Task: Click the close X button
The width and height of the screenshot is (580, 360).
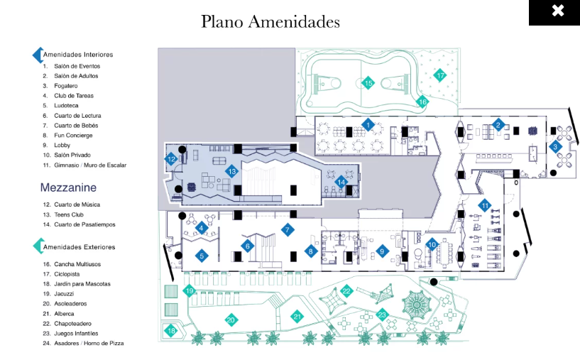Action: coord(557,11)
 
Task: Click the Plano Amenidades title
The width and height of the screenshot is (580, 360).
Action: coord(270,21)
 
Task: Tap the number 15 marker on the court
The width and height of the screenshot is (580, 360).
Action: coord(368,83)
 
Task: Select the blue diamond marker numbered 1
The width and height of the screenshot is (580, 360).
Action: coord(368,125)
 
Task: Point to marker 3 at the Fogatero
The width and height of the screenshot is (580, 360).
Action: coord(555,147)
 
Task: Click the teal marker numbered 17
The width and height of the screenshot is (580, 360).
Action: coord(440,75)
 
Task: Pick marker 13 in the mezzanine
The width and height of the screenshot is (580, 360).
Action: coord(232,171)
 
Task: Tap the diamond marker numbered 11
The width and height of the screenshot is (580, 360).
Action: coord(485,205)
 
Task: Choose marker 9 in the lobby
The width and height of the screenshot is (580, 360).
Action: coord(382,251)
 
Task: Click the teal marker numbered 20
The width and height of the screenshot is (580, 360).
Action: coord(231,320)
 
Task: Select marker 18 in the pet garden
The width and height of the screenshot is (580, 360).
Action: coord(171,331)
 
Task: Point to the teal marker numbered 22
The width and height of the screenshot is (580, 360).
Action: coord(346,291)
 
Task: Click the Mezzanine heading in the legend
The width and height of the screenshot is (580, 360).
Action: coord(68,187)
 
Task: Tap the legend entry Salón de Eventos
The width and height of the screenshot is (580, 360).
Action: coord(77,66)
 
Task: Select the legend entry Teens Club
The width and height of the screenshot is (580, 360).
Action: coord(69,214)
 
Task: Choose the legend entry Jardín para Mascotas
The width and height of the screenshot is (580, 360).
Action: coord(82,284)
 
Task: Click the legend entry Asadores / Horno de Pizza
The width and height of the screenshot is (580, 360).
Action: coord(89,344)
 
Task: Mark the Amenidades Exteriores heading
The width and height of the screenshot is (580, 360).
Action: coord(80,247)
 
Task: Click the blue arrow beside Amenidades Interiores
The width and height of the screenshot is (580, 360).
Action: coord(38,55)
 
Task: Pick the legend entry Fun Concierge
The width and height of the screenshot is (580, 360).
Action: coord(73,136)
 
